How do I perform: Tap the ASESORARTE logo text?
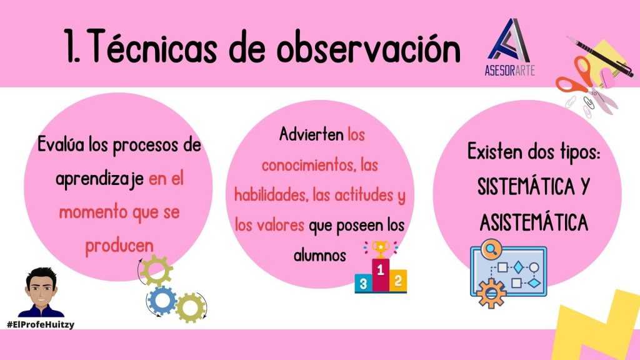[x=509, y=70]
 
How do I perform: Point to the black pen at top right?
[x=601, y=57]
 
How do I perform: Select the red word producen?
[x=119, y=246]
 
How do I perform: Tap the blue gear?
[x=162, y=301]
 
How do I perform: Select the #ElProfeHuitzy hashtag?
[x=41, y=324]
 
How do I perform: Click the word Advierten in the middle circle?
[x=311, y=134]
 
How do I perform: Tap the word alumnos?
[x=319, y=256]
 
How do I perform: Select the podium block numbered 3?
[x=363, y=284]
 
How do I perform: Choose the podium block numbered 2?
[x=398, y=281]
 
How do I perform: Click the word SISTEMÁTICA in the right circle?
[x=526, y=186]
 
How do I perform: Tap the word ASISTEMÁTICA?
[x=534, y=222]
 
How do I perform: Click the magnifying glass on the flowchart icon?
[x=491, y=249]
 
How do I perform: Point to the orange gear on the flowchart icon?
[x=491, y=293]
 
